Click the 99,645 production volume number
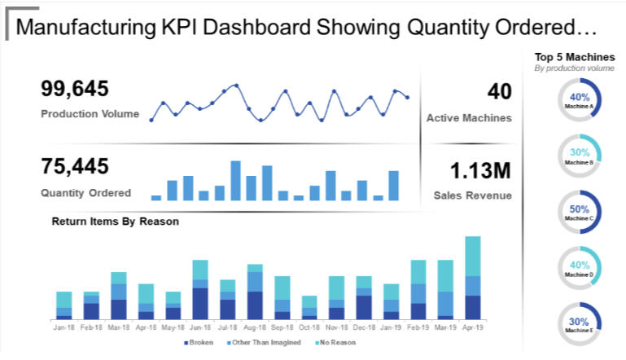pyautogui.click(x=75, y=90)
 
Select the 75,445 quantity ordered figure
pyautogui.click(x=75, y=167)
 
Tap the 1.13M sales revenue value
pyautogui.click(x=480, y=171)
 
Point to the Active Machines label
pyautogui.click(x=469, y=118)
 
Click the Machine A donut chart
pyautogui.click(x=580, y=100)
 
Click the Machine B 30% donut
pyautogui.click(x=580, y=156)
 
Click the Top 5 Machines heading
pyautogui.click(x=574, y=57)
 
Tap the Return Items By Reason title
pyautogui.click(x=116, y=221)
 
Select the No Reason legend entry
pyautogui.click(x=337, y=343)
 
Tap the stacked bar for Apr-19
pyautogui.click(x=473, y=278)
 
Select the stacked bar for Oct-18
pyautogui.click(x=309, y=307)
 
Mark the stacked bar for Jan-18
pyautogui.click(x=64, y=305)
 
